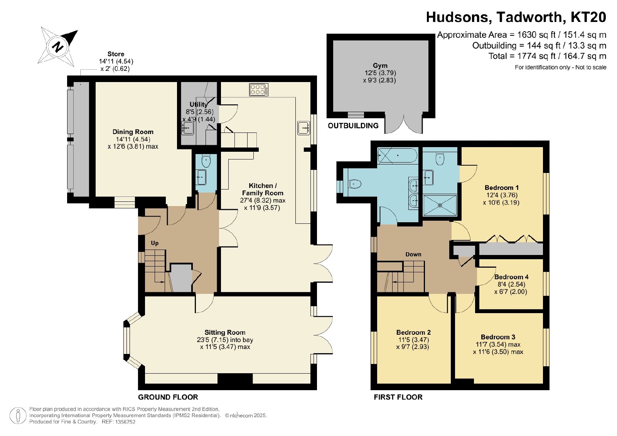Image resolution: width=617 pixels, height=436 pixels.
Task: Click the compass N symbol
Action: point(57,46)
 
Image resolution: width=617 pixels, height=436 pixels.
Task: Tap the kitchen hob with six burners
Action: point(259,90)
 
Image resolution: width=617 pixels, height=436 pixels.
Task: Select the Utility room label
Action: point(198,104)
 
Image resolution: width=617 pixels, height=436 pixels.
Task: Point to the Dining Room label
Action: point(133,132)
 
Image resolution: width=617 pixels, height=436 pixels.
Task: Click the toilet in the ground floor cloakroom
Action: point(206,161)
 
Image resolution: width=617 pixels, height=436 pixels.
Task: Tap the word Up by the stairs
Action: point(155,243)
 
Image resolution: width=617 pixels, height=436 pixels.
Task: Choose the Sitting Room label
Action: point(225,332)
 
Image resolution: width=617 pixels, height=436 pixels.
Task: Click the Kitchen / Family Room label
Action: point(262,189)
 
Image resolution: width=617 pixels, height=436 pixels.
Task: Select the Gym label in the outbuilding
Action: point(380,65)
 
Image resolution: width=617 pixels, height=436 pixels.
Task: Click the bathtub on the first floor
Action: point(398,156)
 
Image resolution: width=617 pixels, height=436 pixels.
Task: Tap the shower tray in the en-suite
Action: point(440,205)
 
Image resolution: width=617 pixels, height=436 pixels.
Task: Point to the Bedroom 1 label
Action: point(502,188)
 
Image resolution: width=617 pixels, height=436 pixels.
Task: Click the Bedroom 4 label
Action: point(511,277)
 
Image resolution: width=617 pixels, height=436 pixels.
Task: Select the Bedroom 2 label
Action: point(413,332)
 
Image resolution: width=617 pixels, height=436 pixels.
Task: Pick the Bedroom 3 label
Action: point(498,337)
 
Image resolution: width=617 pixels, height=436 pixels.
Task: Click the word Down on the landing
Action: point(413,255)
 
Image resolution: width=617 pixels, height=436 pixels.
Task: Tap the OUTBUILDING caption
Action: point(353,126)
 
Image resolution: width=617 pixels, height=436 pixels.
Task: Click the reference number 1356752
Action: point(126,422)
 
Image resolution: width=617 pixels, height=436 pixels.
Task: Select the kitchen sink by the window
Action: point(303,127)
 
